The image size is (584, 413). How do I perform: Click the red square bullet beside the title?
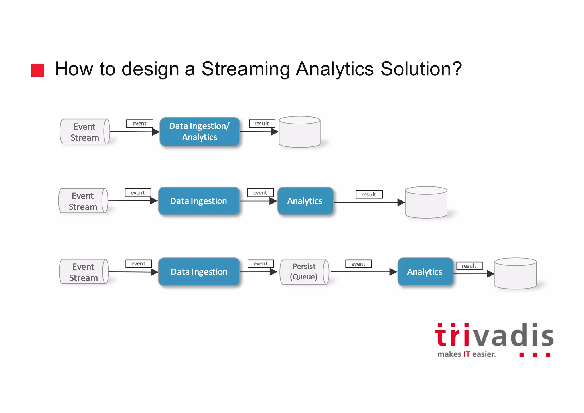[38, 70]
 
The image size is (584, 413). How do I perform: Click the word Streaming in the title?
[246, 69]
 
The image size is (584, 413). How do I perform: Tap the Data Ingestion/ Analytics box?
[199, 132]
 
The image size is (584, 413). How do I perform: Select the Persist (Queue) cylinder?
[304, 272]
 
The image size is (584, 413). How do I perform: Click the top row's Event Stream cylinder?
[85, 132]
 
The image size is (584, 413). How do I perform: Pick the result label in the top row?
[262, 124]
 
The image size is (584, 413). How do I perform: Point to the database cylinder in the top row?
[299, 132]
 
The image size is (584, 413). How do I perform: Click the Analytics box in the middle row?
[305, 201]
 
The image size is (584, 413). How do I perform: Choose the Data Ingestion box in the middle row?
[199, 201]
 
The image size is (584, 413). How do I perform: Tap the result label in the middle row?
[369, 194]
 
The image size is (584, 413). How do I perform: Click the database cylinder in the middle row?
[426, 202]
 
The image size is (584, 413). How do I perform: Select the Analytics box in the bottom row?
[425, 272]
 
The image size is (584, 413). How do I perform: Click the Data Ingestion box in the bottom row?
[199, 272]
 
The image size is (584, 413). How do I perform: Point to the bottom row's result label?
[469, 266]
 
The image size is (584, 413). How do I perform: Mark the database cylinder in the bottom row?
[516, 273]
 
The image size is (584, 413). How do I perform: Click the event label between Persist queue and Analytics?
[358, 264]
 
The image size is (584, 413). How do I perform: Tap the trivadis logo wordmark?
[494, 336]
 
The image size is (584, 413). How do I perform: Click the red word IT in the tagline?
[467, 354]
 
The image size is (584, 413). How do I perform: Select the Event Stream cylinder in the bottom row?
[84, 272]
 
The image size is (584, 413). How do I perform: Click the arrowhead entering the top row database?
[274, 132]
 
